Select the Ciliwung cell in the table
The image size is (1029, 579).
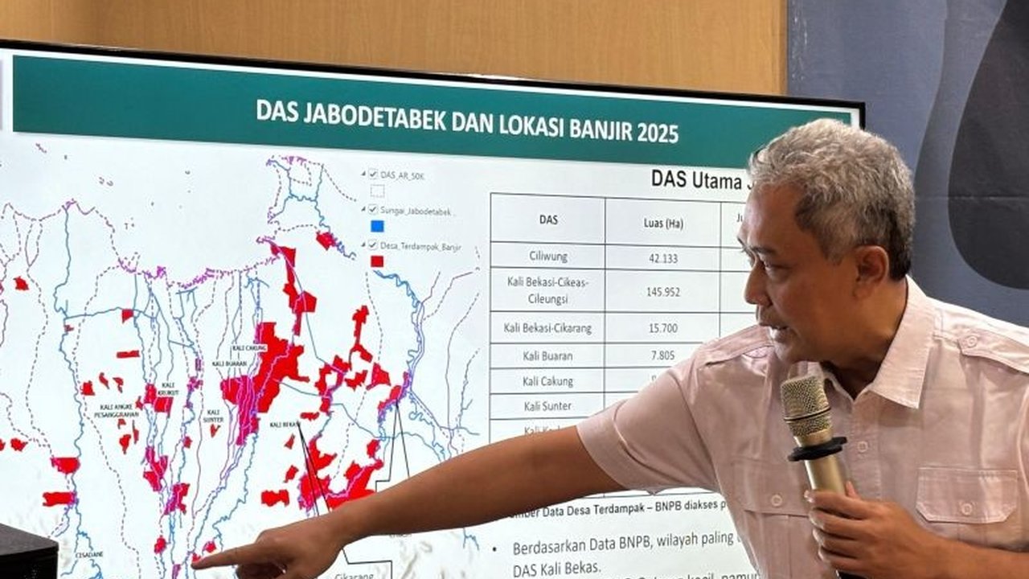pos(548,257)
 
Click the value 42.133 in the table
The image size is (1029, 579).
pos(662,259)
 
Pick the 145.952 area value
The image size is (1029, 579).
pos(663,292)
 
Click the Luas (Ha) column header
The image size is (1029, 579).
pos(664,223)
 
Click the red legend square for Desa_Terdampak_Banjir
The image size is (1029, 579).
pos(376,261)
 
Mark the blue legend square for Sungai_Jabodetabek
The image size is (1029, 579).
pos(377,226)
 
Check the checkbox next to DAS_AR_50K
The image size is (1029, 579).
pos(372,174)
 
